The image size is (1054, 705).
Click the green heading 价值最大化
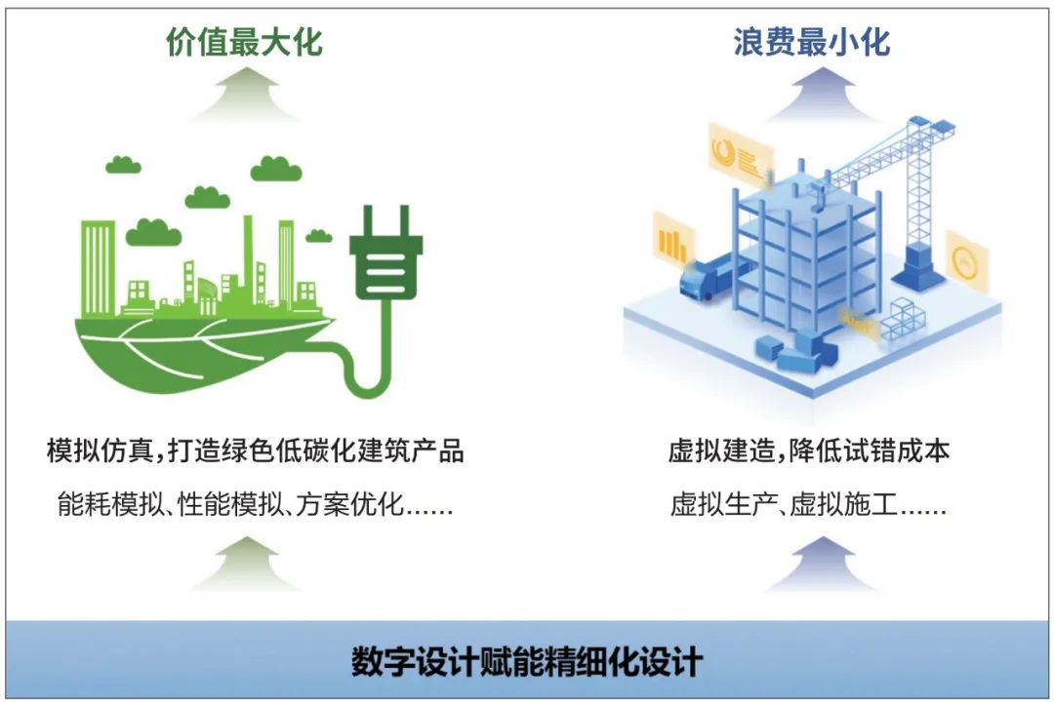tap(244, 42)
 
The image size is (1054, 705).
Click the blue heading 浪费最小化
tap(811, 42)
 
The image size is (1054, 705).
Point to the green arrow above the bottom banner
tap(244, 563)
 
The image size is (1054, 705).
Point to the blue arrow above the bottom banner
tap(810, 563)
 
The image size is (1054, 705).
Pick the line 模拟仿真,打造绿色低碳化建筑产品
tap(255, 451)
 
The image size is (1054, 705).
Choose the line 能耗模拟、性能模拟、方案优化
tap(255, 507)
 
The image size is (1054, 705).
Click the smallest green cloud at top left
tap(123, 164)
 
